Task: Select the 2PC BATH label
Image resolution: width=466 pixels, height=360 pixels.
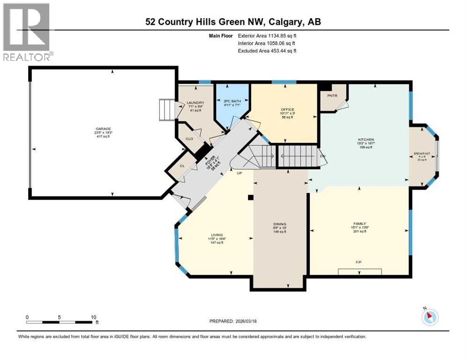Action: pos(233,101)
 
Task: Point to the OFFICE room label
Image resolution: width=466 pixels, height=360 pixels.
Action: pos(287,110)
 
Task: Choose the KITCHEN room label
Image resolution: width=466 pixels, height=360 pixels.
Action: pos(365,139)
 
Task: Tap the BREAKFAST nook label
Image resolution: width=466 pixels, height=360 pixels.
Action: pos(422,154)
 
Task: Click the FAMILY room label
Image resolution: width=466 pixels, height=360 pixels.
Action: pos(359,224)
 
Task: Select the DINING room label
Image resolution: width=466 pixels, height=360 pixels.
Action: pos(280,224)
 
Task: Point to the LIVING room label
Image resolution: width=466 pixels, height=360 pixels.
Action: pos(216,234)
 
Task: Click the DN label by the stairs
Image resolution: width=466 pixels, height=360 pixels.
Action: pos(322,156)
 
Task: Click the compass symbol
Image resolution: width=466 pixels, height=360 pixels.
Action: pos(429,317)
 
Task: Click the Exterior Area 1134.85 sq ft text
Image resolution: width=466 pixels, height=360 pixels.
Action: pos(267,35)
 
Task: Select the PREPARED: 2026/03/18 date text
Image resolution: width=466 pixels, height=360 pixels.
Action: pos(233,321)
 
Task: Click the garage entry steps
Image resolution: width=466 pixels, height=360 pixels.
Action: pos(166,110)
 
